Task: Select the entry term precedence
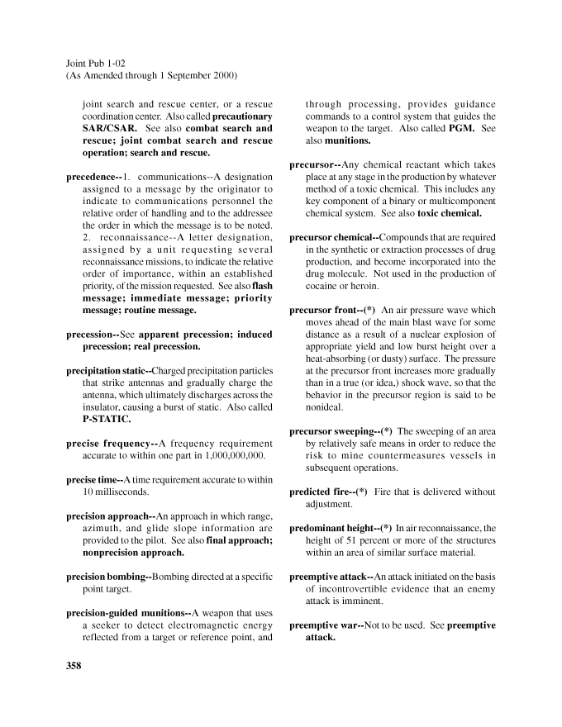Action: pyautogui.click(x=92, y=177)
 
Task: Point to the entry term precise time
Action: pyautogui.click(x=93, y=480)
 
